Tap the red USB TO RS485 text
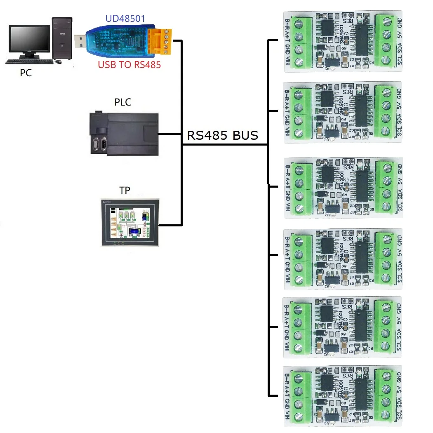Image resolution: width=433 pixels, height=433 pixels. (x=129, y=64)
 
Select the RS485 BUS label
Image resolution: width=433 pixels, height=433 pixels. (x=223, y=135)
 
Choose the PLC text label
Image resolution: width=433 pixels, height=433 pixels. (x=123, y=102)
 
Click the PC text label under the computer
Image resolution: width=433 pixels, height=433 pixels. (x=26, y=73)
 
